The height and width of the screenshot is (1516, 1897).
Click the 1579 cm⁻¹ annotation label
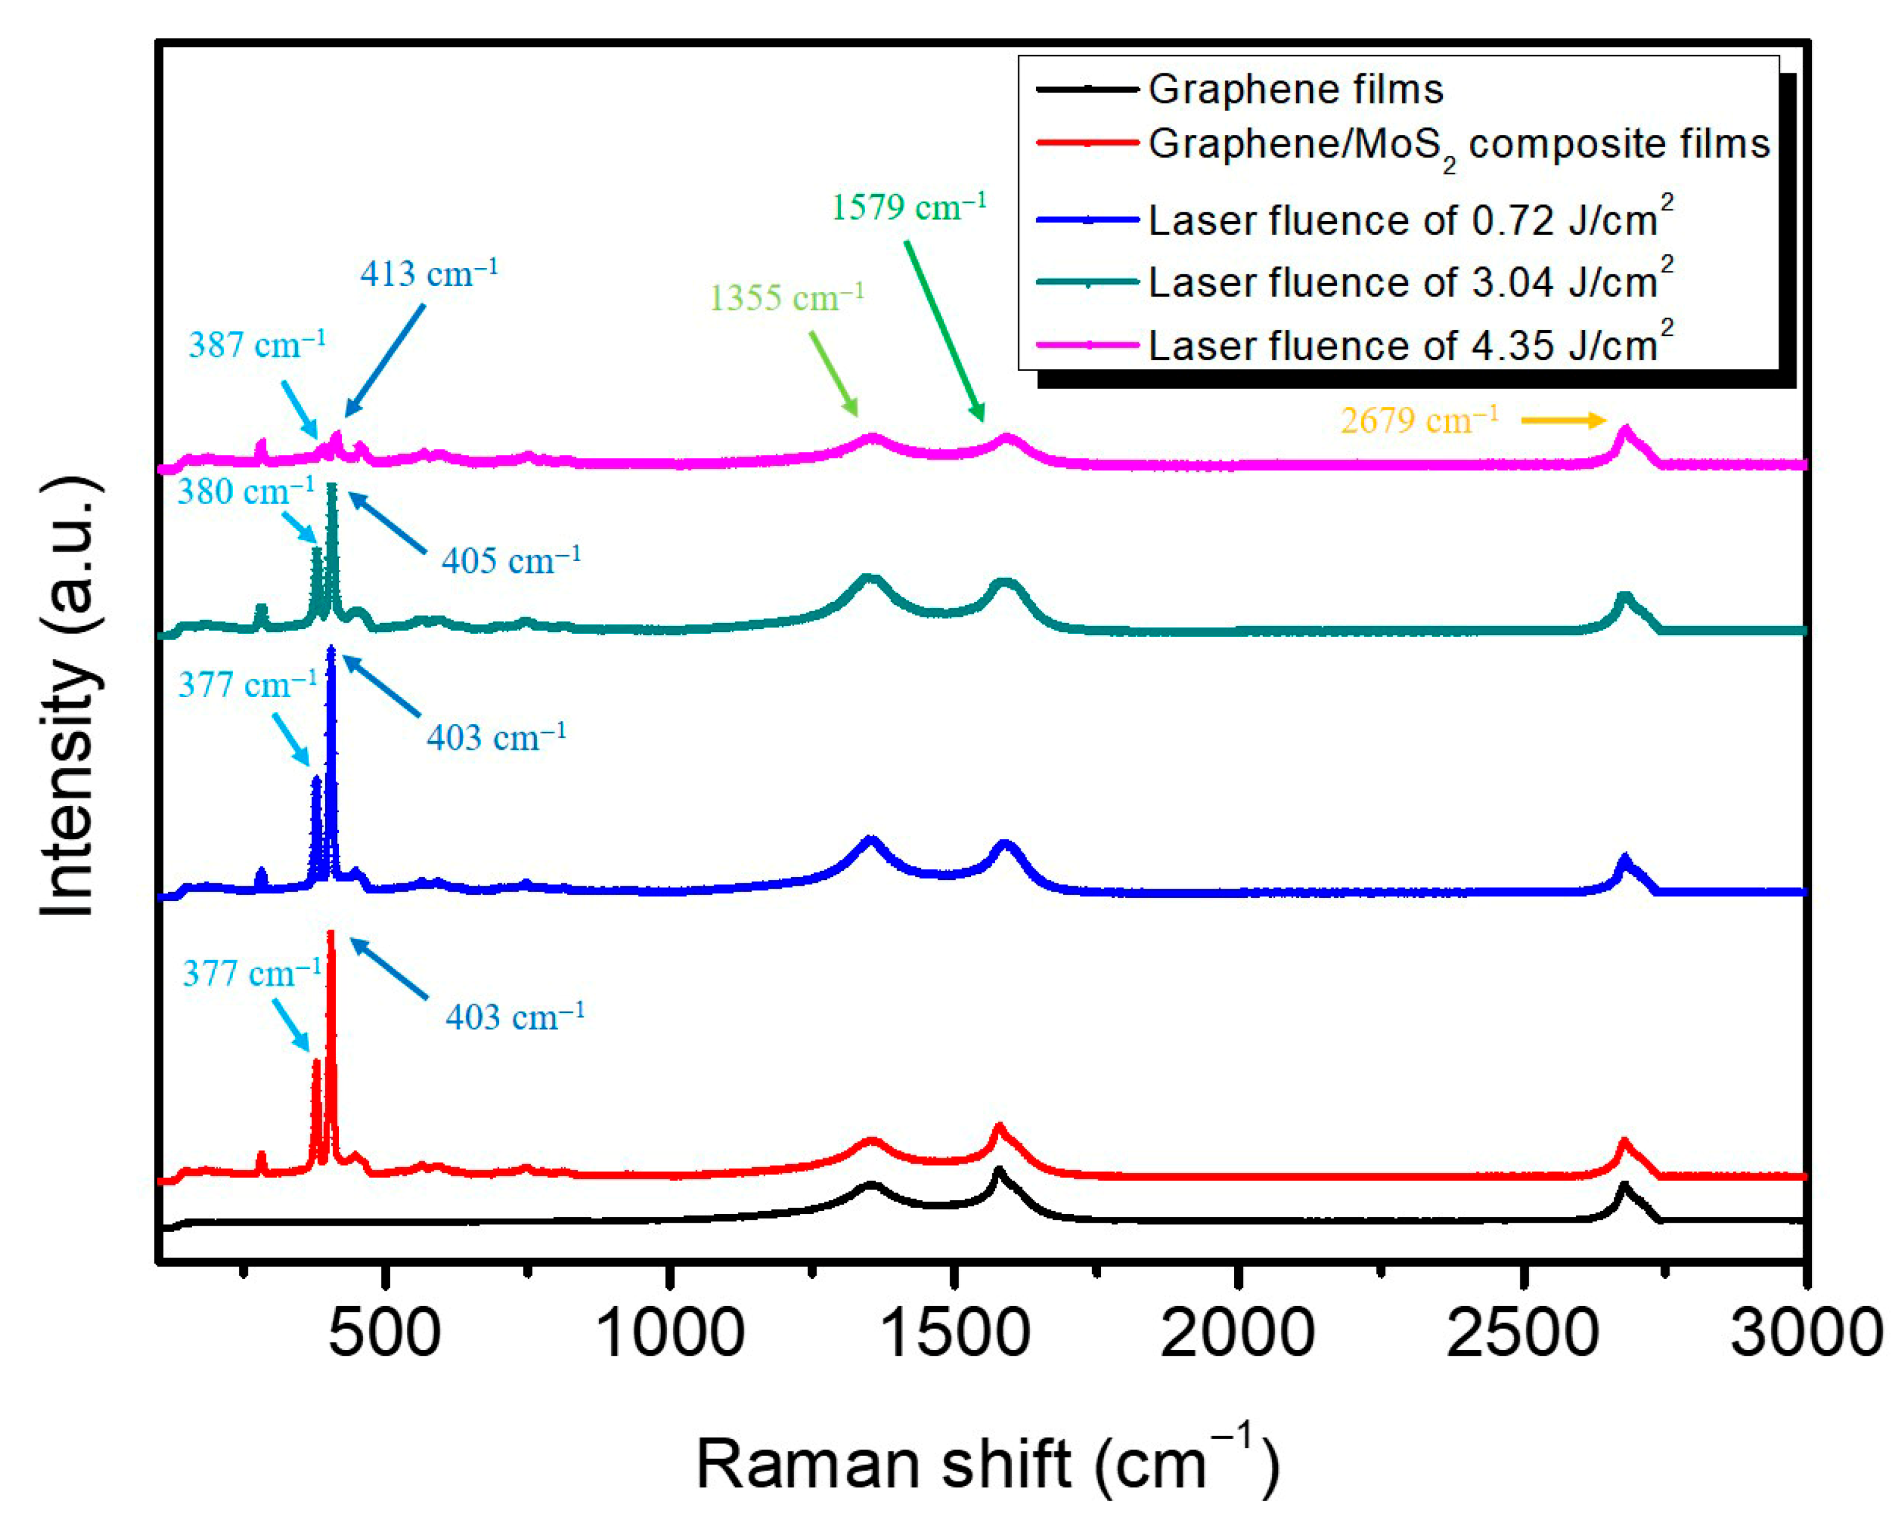coord(908,208)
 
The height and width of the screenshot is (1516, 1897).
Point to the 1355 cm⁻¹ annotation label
coord(786,298)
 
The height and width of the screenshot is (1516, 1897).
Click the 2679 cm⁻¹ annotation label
coord(1419,420)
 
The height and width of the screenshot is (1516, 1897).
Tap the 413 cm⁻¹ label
coord(429,274)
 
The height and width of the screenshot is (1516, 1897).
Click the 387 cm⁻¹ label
coord(257,345)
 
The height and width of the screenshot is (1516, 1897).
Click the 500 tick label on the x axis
coord(384,1333)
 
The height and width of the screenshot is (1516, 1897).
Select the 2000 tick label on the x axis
coord(1237,1333)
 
